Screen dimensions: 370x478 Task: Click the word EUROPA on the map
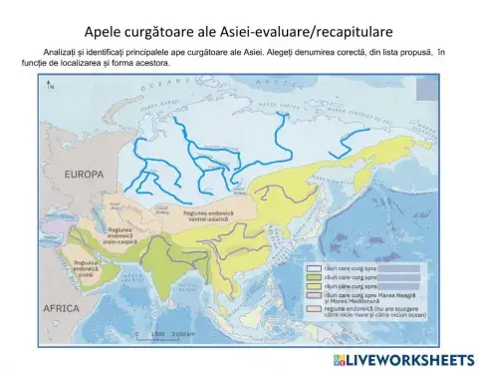pyautogui.click(x=84, y=174)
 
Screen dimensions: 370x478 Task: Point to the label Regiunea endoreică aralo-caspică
pyautogui.click(x=119, y=235)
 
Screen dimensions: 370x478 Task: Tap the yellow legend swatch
pyautogui.click(x=313, y=287)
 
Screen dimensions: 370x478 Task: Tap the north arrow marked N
pyautogui.click(x=48, y=87)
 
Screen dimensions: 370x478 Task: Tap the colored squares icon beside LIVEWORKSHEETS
pyautogui.click(x=340, y=358)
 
